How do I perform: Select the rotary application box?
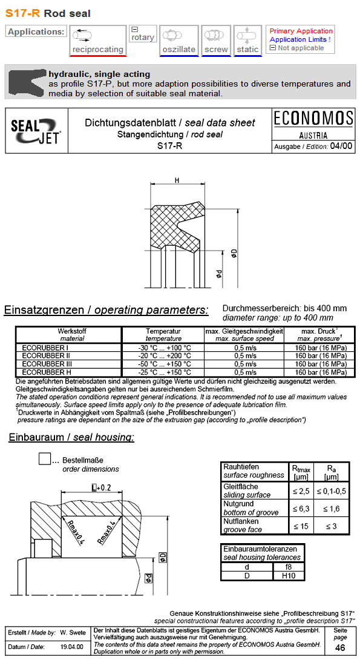tap(143, 34)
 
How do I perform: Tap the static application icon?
tap(247, 41)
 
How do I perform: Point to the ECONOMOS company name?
tap(313, 118)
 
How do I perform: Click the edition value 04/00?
tap(341, 146)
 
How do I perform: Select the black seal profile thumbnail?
tap(27, 83)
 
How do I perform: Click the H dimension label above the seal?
tap(177, 180)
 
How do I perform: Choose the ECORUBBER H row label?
tap(42, 372)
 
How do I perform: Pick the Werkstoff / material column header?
tap(68, 335)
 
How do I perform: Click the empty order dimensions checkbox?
tap(45, 459)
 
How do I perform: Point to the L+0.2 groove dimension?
tap(100, 487)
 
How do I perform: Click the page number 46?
tap(341, 647)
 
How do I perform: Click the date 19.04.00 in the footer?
tap(72, 647)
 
